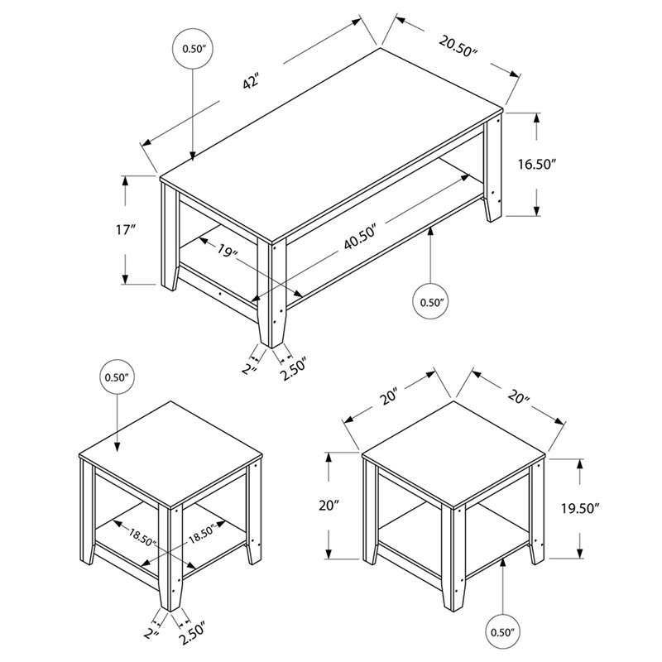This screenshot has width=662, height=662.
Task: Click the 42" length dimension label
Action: tap(251, 82)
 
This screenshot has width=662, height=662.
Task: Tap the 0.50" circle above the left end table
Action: tap(118, 377)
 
